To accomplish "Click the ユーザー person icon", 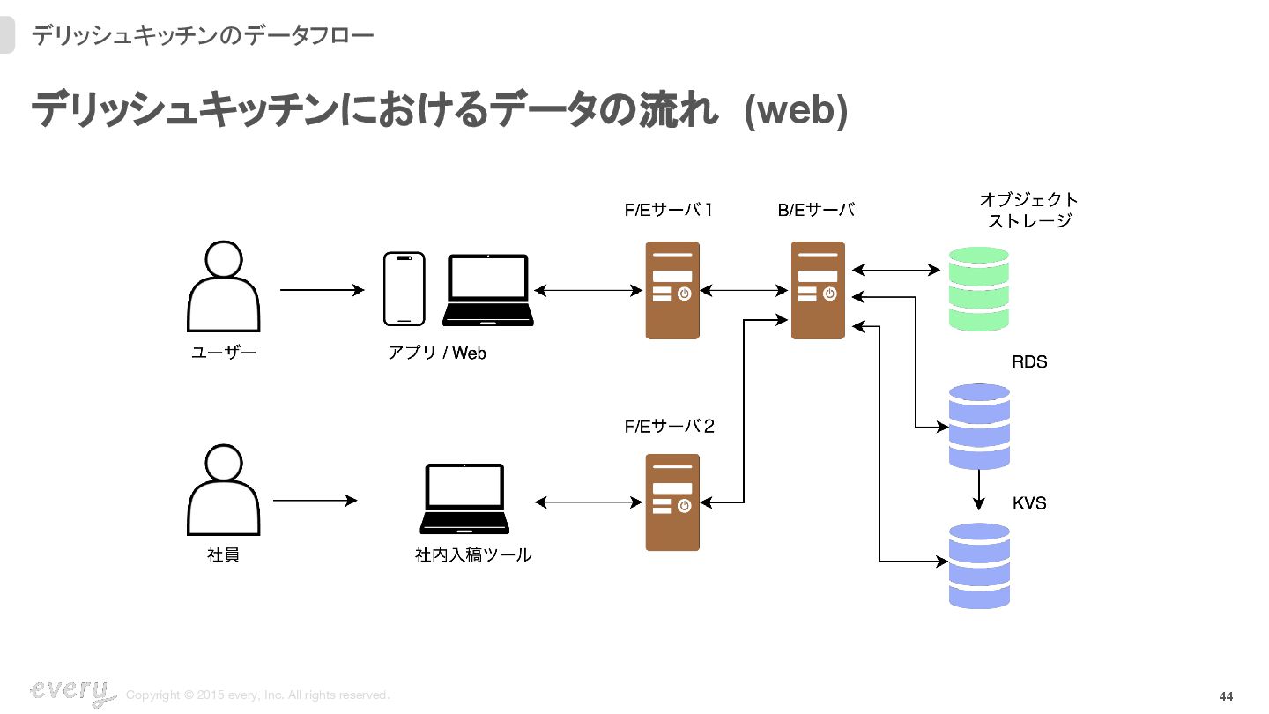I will pos(224,287).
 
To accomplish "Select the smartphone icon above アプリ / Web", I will pos(404,289).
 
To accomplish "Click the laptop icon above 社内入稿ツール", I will pos(464,498).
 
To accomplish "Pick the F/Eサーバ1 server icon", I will pos(672,290).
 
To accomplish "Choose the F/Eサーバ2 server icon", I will pos(672,502).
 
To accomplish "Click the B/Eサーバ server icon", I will pos(818,290).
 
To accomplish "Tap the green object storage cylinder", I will pos(978,289).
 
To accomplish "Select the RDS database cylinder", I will pos(978,427).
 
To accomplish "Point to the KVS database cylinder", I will pos(978,565).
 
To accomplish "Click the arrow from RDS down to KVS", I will pos(978,490).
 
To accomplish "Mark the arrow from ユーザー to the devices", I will pos(322,290).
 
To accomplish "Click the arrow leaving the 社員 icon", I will pos(315,501).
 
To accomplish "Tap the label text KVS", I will pos(1029,503).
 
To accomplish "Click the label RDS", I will pos(1029,362).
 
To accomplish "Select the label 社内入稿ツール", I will pos(473,555).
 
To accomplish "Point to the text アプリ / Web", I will pos(437,353).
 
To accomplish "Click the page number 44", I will pos(1226,696).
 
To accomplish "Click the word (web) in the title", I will pos(796,112).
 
